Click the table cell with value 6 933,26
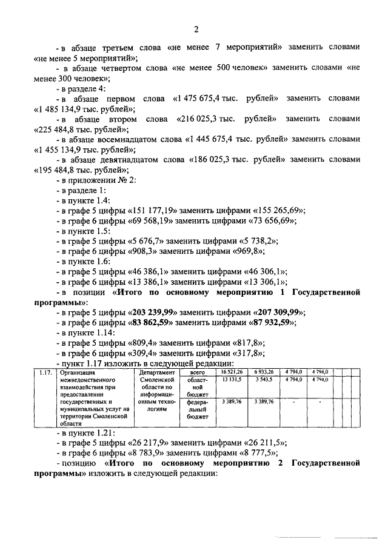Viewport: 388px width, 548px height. click(264, 371)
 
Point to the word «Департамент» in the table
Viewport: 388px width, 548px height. click(157, 372)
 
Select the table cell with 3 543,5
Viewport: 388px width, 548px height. click(264, 379)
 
